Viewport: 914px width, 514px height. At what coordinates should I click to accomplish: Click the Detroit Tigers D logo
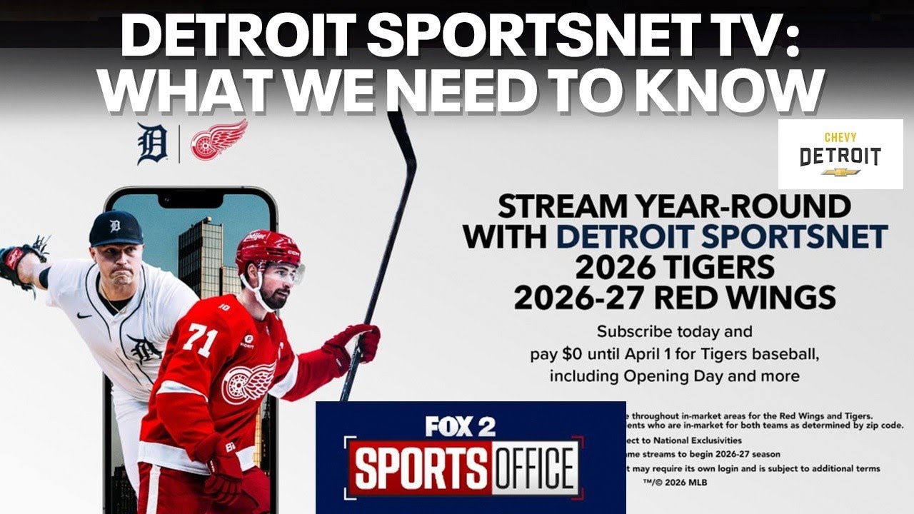[x=151, y=143]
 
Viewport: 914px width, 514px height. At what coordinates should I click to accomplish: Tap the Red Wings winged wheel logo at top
[x=219, y=139]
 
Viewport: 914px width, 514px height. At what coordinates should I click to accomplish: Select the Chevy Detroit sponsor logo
[x=840, y=154]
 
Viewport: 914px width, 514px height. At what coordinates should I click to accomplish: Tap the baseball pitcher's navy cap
[x=115, y=229]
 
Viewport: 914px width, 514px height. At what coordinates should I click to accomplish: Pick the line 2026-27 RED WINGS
[x=675, y=296]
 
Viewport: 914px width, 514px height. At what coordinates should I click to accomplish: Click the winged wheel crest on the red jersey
[x=248, y=382]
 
